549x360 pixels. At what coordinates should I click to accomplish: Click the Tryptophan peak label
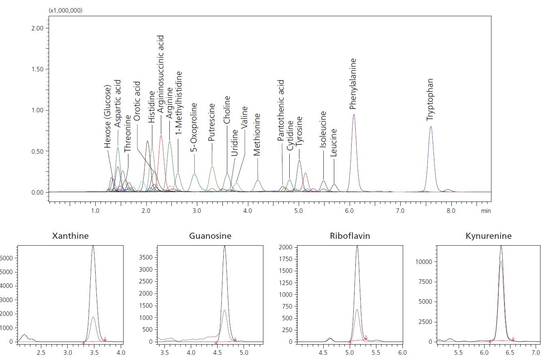[430, 100]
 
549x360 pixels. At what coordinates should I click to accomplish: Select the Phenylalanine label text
[353, 84]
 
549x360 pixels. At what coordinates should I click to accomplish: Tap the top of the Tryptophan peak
[431, 126]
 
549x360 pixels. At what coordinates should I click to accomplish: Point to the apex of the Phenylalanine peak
[354, 114]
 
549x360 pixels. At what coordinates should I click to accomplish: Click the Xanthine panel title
[70, 236]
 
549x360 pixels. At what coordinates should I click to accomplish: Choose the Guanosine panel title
[210, 236]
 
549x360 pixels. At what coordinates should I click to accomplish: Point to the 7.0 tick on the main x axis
[400, 211]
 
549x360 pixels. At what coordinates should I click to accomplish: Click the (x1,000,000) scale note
[65, 10]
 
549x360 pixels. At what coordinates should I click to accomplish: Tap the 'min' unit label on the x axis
[486, 211]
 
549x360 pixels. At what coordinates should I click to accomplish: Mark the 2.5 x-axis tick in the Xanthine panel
[41, 353]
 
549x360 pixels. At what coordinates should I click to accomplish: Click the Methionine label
[257, 135]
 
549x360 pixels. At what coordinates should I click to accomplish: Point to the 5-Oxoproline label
[194, 127]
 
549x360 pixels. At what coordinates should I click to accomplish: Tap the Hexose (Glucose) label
[107, 116]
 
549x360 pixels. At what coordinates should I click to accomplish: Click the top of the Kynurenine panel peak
[501, 246]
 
